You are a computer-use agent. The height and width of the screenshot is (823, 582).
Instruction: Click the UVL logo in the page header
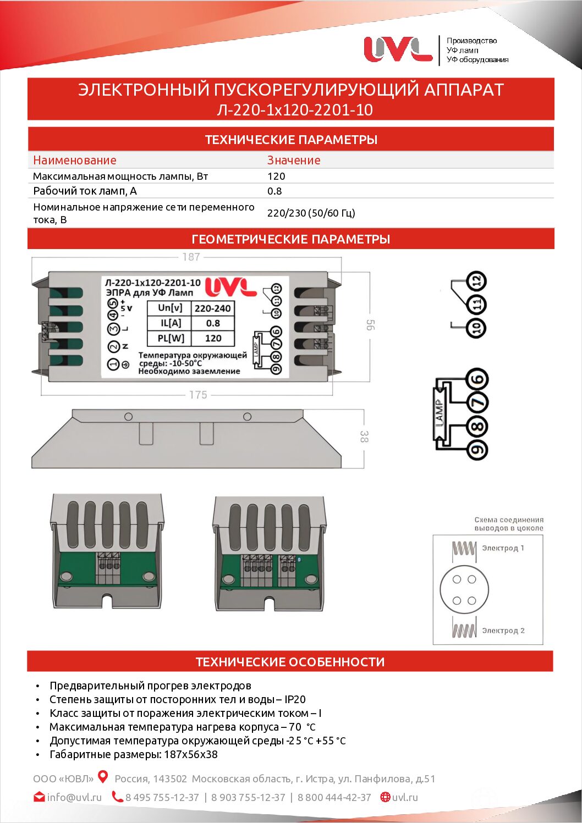pos(398,49)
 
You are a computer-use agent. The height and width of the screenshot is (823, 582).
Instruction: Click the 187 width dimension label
pos(191,257)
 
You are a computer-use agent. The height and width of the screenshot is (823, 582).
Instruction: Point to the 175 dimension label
pos(198,395)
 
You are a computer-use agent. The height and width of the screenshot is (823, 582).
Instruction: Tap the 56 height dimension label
pos(370,325)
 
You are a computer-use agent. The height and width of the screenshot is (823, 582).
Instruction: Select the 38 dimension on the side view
pos(364,437)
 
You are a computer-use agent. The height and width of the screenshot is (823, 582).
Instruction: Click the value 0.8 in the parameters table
pos(274,191)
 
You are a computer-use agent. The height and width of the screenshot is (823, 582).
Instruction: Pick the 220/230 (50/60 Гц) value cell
pos(311,213)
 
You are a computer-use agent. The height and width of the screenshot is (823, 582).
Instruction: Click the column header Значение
pos(294,161)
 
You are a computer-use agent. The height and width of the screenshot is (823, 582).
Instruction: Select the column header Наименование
pos(75,161)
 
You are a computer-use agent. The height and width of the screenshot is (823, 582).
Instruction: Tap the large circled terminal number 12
pos(477,281)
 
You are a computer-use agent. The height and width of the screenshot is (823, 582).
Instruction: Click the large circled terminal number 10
pos(476,329)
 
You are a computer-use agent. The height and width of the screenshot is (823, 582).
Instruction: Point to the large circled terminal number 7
pos(477,402)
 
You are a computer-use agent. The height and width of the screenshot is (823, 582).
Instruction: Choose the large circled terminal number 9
pos(477,450)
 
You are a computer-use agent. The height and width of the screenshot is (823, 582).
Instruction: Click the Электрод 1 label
pos(503,548)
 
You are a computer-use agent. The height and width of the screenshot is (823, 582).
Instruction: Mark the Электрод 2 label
pos(503,631)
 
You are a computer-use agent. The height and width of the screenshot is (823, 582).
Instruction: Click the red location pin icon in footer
pos(103,777)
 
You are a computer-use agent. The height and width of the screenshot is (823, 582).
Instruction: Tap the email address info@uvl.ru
pos(74,797)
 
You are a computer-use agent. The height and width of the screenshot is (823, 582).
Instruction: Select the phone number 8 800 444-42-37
pos(334,797)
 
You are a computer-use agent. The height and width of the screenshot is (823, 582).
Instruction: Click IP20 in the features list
pos(295,699)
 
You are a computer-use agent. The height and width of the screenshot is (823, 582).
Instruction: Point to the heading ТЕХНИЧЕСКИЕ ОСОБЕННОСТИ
pos(290,662)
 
